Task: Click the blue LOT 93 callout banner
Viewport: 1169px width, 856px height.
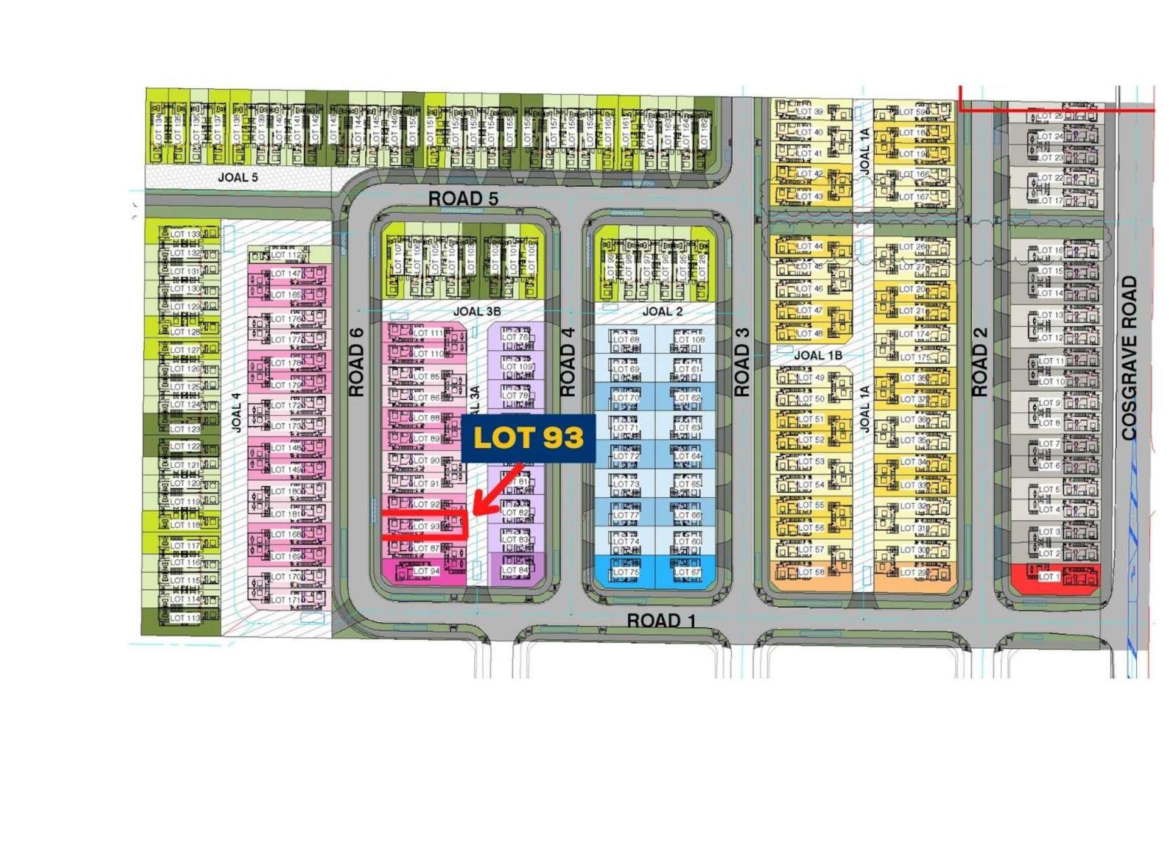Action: point(528,438)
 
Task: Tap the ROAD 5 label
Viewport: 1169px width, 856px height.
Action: point(463,199)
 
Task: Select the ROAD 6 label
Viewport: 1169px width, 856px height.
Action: point(357,363)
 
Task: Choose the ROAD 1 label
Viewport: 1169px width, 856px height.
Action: point(661,621)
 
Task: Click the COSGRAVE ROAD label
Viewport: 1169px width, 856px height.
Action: point(1129,358)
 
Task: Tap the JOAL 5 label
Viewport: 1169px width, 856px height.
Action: point(237,177)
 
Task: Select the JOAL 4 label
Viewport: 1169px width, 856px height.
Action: point(236,413)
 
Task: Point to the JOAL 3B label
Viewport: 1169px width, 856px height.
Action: point(477,311)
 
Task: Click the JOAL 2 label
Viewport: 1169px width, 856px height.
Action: point(662,311)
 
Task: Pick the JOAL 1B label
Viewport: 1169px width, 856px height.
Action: point(818,355)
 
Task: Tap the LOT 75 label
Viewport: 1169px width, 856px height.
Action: point(626,572)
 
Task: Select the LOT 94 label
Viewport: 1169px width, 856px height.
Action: point(426,571)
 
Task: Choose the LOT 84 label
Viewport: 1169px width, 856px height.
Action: point(515,570)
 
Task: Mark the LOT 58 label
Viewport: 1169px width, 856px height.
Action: point(810,572)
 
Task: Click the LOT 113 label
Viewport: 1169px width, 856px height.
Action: point(185,618)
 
